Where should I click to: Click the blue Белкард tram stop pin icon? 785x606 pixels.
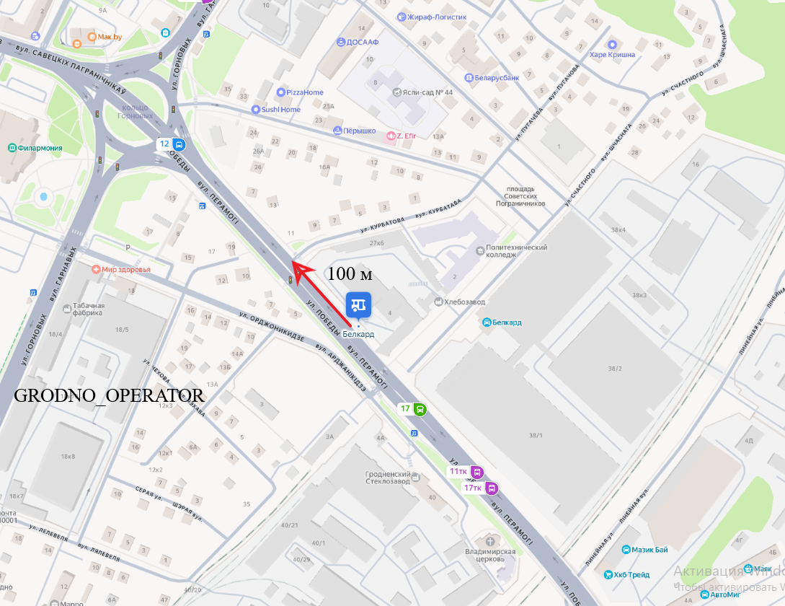click(x=358, y=304)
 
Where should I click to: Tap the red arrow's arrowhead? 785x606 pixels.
click(x=296, y=268)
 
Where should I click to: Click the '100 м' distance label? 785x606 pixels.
click(x=350, y=273)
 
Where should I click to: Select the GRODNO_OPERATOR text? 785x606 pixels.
click(x=110, y=396)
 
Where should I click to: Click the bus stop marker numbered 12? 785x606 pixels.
click(x=172, y=144)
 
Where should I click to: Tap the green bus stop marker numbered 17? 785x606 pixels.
click(x=414, y=409)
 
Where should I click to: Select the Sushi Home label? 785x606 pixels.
click(x=275, y=110)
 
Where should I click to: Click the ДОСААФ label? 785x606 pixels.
click(x=358, y=43)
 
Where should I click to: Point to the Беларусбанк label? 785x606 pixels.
click(x=492, y=77)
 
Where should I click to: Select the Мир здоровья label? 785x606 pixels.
click(x=122, y=270)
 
